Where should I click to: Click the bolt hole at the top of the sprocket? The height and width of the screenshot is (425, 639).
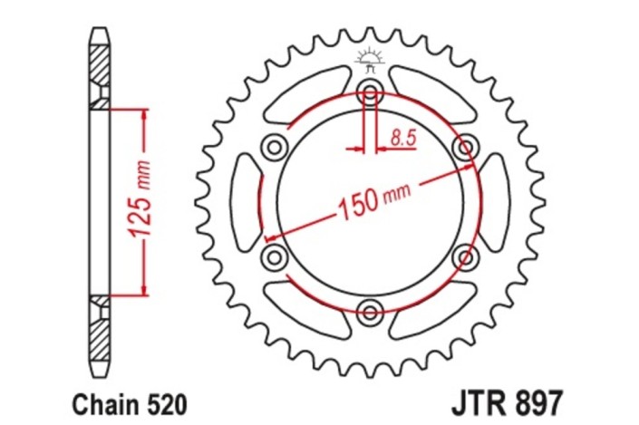(x=369, y=91)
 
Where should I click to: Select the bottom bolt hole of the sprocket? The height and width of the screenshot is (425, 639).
(x=369, y=314)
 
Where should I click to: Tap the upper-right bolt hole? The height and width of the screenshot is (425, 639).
(x=465, y=146)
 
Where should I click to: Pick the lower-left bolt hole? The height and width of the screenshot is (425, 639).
(x=272, y=258)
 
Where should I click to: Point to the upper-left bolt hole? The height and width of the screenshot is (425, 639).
(x=273, y=146)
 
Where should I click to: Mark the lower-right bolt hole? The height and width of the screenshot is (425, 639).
(x=465, y=258)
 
